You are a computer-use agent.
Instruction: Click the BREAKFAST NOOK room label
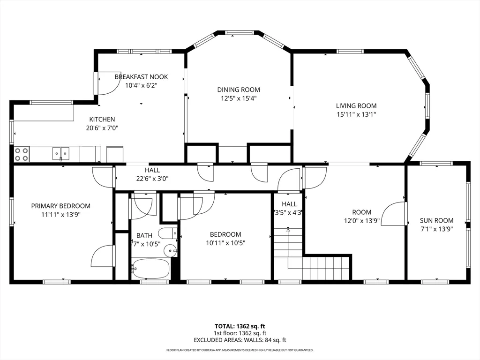coord(141,77)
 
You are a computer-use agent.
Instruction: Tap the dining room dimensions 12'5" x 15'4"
coord(238,98)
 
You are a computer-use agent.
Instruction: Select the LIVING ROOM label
coord(356,106)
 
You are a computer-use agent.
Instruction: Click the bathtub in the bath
coord(150,269)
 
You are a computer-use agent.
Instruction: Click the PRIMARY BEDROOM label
coord(61,206)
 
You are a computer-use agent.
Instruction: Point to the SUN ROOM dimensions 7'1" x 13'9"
coord(436,229)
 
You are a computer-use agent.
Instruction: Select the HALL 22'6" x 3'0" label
coord(152,170)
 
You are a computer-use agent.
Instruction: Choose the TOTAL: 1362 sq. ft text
coord(240,326)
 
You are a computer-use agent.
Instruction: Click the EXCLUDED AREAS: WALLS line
coord(240,340)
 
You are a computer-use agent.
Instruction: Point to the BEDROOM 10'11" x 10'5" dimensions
coord(225,243)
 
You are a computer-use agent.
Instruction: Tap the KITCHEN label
coord(102,120)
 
